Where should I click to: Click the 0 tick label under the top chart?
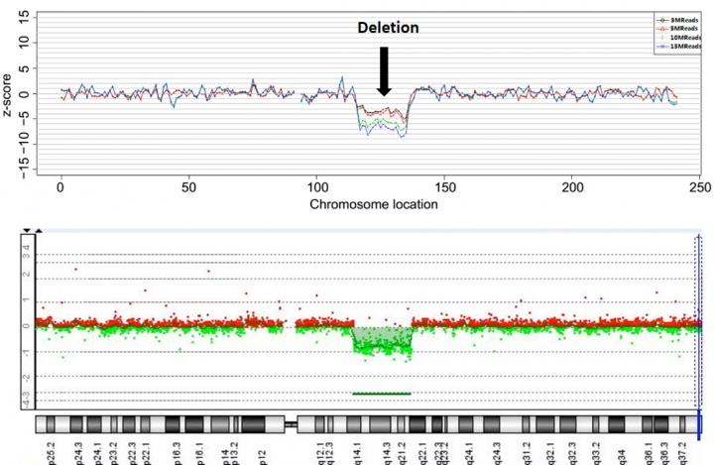tap(61, 187)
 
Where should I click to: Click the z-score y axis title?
tap(10, 94)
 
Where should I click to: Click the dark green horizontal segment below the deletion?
tap(382, 394)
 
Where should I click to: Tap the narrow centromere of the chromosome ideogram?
tap(292, 423)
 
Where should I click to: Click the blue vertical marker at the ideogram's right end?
tap(700, 423)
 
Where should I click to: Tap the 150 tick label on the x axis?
tap(445, 187)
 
